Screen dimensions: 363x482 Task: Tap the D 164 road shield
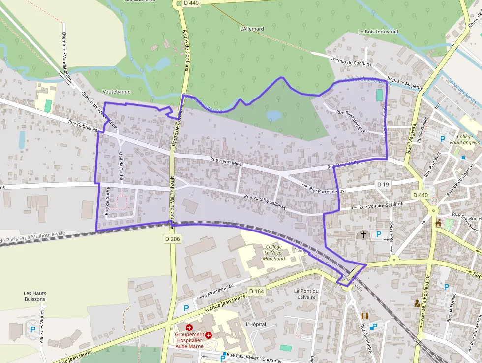click(256, 291)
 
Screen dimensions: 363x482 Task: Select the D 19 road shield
click(383, 184)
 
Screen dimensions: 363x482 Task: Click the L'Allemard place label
click(252, 29)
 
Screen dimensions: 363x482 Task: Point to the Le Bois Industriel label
click(378, 32)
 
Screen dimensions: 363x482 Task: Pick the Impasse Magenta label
click(405, 83)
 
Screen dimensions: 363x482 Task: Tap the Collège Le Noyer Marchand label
click(274, 252)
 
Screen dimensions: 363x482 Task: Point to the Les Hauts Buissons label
click(34, 296)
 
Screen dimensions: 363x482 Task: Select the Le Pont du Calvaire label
click(306, 294)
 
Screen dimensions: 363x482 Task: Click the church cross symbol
click(363, 235)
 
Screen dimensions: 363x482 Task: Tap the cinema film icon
click(364, 316)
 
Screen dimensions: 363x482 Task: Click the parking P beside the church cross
click(378, 234)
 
